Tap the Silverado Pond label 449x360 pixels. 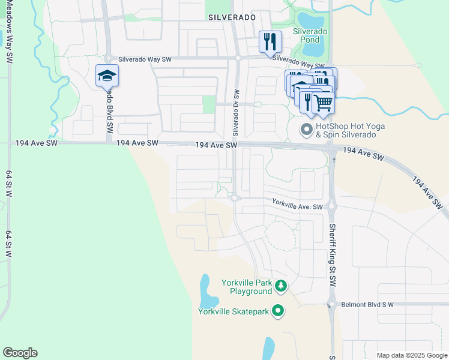(310, 35)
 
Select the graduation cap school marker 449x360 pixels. (107, 75)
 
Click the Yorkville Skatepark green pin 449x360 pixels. (277, 310)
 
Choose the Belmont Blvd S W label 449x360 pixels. (367, 305)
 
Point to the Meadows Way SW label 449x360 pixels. (9, 24)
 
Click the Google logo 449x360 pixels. (20, 353)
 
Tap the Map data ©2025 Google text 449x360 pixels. (411, 355)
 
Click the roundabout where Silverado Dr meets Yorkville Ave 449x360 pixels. (235, 198)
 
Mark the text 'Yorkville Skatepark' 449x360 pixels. (234, 311)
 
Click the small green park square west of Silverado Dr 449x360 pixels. (209, 104)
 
